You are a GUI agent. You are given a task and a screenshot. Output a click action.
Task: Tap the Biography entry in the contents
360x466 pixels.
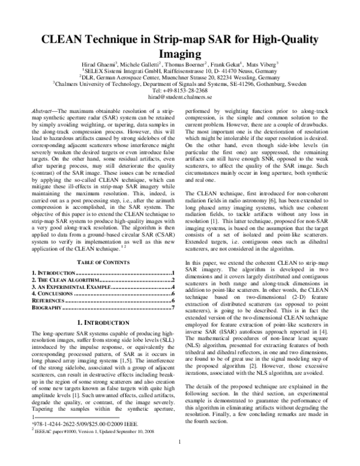pyautogui.click(x=48, y=308)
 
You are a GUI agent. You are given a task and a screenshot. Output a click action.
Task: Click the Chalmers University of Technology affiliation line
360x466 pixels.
pyautogui.click(x=180, y=83)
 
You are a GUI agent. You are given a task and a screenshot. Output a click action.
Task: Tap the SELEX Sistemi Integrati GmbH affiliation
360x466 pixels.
pyautogui.click(x=180, y=70)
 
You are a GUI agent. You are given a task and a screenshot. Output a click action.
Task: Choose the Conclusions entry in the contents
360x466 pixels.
pyautogui.click(x=52, y=295)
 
